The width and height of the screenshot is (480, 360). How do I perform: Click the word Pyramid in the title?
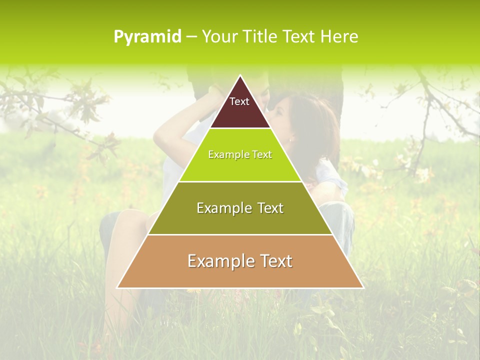[147, 37]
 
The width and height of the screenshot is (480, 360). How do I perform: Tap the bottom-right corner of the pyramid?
[362, 287]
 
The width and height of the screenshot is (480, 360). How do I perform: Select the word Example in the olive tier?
[222, 208]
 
